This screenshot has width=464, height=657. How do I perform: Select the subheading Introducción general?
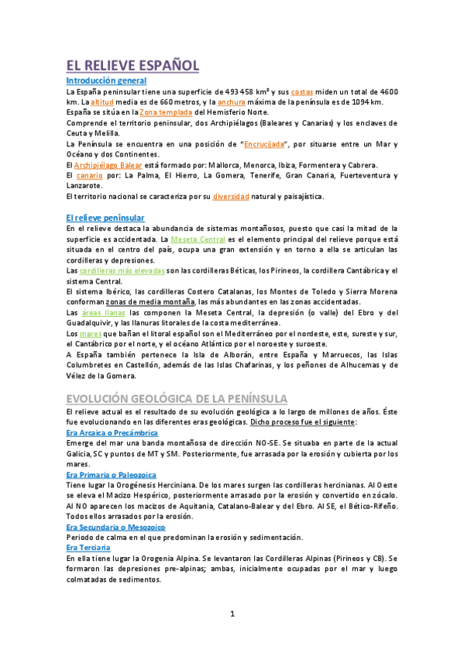106,81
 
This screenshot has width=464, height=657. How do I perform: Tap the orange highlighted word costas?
303,91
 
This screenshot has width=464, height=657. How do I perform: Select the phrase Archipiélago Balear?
110,165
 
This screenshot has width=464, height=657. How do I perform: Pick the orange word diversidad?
231,197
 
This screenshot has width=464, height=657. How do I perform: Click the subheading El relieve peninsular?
105,218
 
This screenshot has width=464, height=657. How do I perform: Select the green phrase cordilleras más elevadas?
122,270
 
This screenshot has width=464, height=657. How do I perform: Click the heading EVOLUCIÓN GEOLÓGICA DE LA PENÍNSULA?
177,398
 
